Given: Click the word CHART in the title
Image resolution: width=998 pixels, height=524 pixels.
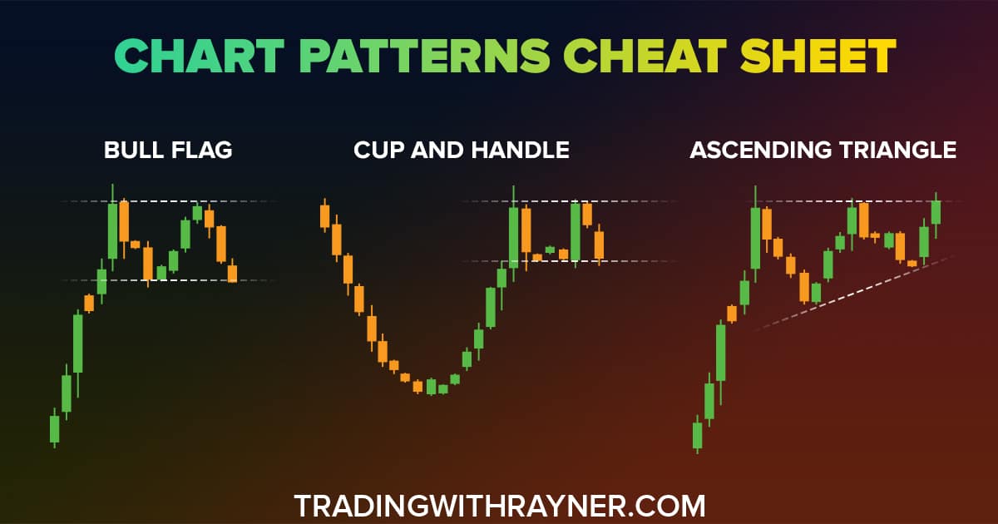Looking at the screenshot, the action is pos(199,56).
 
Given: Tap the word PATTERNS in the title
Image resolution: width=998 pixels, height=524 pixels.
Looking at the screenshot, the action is pos(425,56).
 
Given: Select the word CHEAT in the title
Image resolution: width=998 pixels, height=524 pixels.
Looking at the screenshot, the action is pos(645,56).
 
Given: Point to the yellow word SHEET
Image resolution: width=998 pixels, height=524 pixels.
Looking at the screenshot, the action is pos(818,56).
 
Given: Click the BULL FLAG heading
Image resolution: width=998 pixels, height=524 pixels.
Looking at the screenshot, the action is pos(168,150).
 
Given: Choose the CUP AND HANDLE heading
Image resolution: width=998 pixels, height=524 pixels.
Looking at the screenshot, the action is pos(462,150).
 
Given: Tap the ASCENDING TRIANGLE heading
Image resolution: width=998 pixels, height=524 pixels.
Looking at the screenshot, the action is pos(823,150).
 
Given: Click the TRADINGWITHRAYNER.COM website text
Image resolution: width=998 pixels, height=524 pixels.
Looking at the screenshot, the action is pos(500,507).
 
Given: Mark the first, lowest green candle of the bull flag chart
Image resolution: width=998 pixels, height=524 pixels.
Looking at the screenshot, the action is pos(54,428).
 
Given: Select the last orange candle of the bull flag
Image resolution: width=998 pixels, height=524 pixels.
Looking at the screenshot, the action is pos(232,272).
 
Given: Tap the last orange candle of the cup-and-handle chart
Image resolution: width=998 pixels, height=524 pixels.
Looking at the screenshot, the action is pos(600,245).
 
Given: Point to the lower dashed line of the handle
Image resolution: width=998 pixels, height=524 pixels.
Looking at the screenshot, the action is pos(568,261).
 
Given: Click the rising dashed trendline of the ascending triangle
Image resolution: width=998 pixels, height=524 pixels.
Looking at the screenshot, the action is pos(856,293).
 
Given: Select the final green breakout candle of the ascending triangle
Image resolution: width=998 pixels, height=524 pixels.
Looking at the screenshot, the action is pos(936,213).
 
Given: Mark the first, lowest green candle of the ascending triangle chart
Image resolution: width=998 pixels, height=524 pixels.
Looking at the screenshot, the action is pos(697,435).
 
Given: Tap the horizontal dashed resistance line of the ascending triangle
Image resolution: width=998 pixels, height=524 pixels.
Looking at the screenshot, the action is pos(860,201).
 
